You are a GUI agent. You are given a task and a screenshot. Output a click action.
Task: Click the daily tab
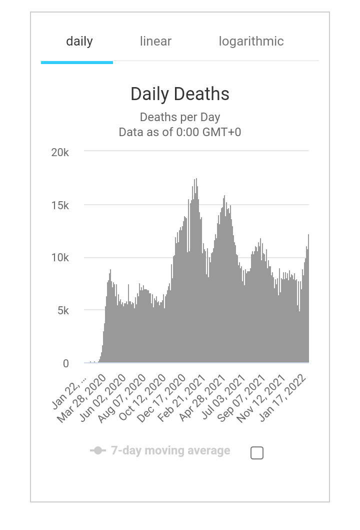(x=79, y=42)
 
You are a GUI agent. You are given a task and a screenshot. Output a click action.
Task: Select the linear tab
(x=155, y=42)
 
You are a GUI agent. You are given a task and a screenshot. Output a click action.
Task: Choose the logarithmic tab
(x=251, y=42)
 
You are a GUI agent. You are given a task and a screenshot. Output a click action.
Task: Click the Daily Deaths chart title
(x=180, y=94)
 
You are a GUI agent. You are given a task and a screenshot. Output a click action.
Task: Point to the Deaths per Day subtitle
(x=180, y=117)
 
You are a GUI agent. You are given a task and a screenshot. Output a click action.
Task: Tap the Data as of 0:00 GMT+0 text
(x=180, y=132)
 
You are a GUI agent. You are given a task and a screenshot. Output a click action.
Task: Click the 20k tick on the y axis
(x=60, y=152)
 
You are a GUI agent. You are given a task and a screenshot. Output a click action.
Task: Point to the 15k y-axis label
(x=60, y=205)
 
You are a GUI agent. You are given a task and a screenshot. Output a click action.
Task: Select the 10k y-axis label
(x=60, y=258)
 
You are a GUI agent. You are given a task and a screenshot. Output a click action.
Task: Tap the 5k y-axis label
(x=62, y=311)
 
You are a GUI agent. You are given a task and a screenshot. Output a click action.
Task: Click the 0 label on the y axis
(x=65, y=364)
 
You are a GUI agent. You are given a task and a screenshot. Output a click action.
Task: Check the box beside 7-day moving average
(x=256, y=453)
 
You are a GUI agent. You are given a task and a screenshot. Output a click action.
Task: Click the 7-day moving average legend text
(x=170, y=450)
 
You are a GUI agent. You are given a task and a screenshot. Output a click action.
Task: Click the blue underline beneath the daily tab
(x=77, y=63)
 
